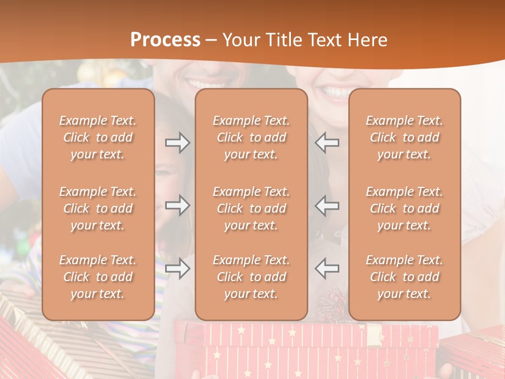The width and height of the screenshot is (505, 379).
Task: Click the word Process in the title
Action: point(165,40)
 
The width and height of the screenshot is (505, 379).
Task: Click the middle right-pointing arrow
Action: point(178,205)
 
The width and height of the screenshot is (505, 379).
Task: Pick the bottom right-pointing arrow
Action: point(178,268)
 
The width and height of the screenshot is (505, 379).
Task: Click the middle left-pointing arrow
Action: point(327,205)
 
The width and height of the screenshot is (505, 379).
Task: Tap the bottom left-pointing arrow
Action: point(327,268)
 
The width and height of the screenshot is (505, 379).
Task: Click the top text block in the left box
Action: point(98,137)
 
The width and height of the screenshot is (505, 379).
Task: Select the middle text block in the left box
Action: point(98,208)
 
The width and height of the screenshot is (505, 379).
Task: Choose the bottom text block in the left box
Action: point(98,277)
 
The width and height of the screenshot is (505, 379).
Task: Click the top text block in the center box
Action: point(251,137)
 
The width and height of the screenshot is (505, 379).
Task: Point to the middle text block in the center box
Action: point(251,208)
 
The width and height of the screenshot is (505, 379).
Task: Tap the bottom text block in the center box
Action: point(251,277)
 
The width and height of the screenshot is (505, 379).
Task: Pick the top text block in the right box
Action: point(404,137)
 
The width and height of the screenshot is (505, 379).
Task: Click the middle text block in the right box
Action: point(404,208)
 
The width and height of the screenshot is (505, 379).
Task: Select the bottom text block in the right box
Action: point(404,277)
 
